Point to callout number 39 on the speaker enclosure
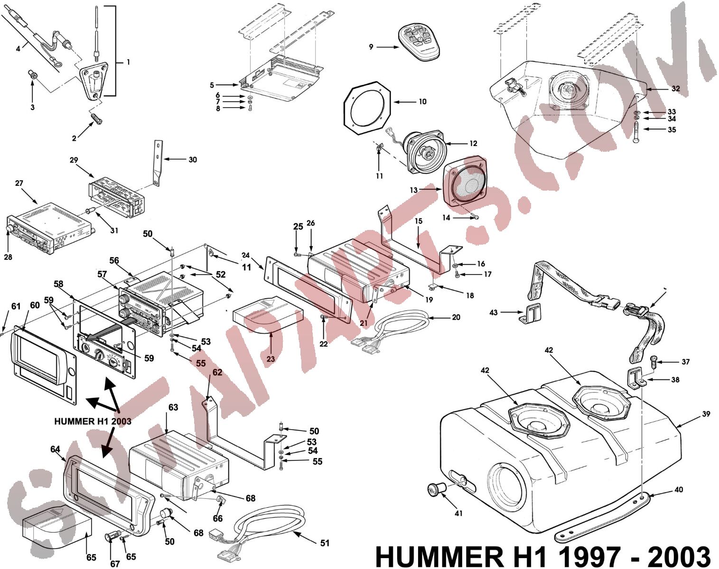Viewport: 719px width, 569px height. pos(706,414)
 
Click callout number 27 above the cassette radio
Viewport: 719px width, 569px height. pos(19,183)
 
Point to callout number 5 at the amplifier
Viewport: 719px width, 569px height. pos(212,85)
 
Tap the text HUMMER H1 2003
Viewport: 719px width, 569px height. pos(93,421)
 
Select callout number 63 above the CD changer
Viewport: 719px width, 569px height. pos(173,407)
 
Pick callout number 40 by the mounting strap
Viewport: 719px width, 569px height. pos(679,489)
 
